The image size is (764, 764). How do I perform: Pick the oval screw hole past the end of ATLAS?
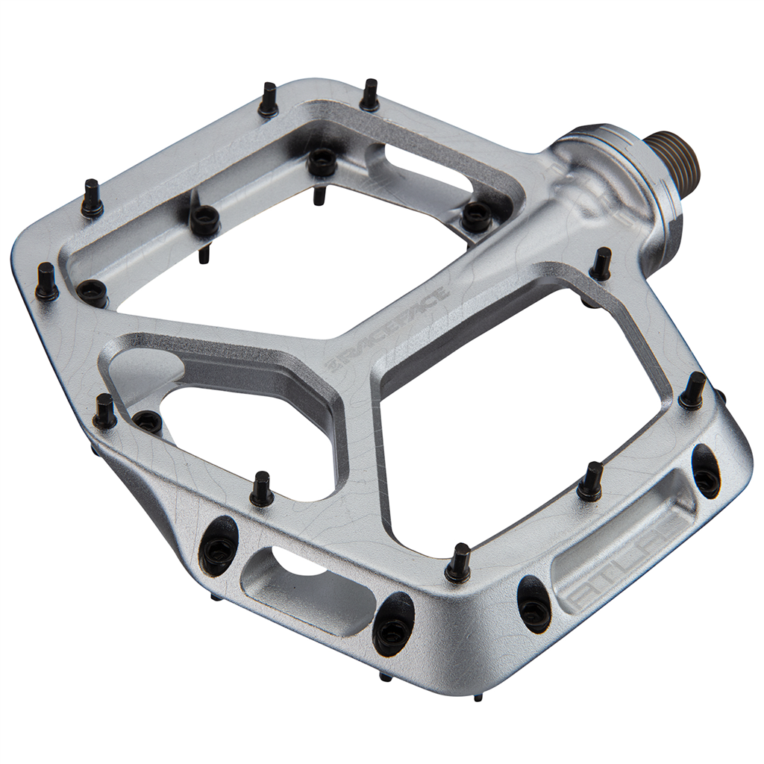point(706,471)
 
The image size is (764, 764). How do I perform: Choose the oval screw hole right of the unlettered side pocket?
point(393,625)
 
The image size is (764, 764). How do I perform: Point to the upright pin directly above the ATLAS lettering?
point(591,482)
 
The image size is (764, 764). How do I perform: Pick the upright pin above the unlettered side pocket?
point(261,489)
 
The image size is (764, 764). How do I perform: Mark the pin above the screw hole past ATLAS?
point(693,390)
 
